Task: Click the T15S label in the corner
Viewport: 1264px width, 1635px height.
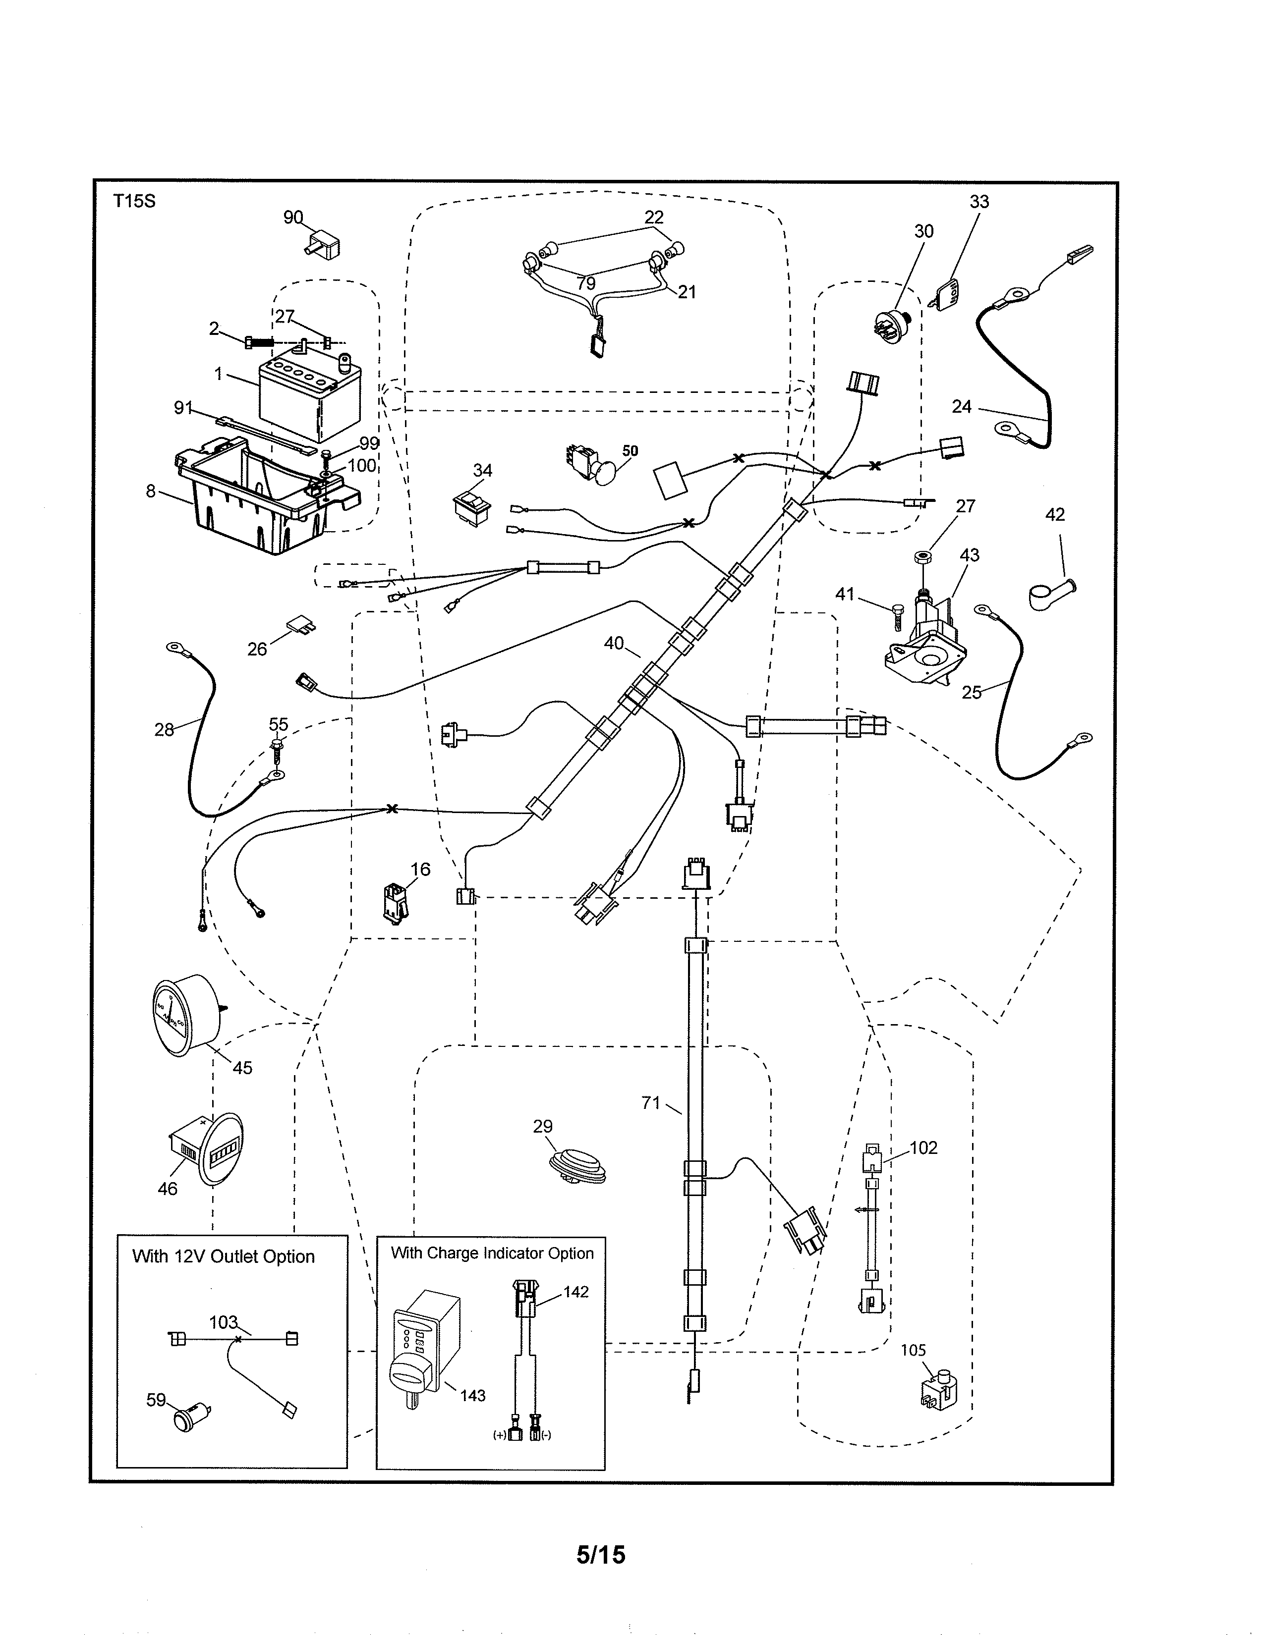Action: coord(134,201)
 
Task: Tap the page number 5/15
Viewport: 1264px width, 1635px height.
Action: coord(601,1554)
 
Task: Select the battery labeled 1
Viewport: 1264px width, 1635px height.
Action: coord(308,397)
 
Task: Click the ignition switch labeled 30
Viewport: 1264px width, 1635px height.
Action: coord(891,324)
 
